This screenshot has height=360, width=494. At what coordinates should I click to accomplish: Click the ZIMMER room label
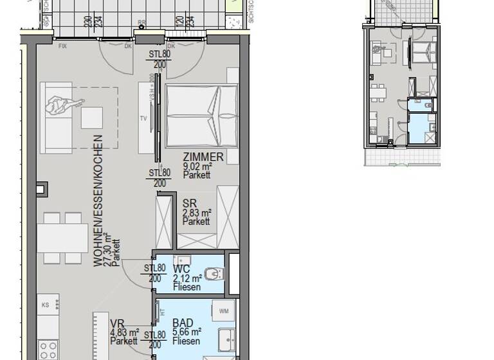coord(203,157)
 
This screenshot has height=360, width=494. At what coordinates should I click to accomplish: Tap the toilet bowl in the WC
coord(215,274)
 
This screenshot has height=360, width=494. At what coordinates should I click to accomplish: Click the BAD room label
coord(183,323)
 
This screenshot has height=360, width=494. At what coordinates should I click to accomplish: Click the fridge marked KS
coord(47,306)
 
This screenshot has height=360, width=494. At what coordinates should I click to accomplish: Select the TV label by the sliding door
coord(143,118)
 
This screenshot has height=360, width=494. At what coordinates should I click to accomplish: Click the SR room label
coord(188,204)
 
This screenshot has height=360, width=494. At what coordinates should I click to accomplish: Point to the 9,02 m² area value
coord(197,166)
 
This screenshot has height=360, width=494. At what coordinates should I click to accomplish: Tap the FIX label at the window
coord(63,46)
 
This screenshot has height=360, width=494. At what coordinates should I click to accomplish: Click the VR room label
coord(116,323)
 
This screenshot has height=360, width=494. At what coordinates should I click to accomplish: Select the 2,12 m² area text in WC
coord(187,278)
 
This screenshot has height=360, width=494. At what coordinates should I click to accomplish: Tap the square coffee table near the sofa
coord(91,117)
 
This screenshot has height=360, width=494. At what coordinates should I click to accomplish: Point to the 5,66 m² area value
coord(187,332)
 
